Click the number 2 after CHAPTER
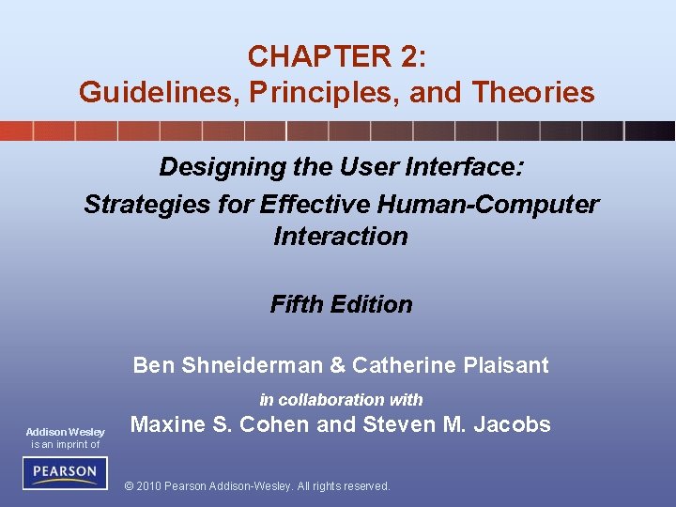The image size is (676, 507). click(x=409, y=57)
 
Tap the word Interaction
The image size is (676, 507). click(x=341, y=237)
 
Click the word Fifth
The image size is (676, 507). click(x=293, y=304)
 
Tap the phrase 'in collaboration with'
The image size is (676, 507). click(x=341, y=399)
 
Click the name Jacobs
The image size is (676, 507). click(x=512, y=424)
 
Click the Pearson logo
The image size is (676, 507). click(x=65, y=472)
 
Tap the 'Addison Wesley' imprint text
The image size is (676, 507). click(x=65, y=432)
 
